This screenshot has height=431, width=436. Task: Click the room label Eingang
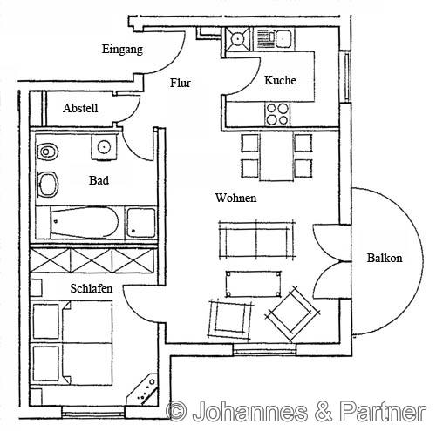[x=122, y=50]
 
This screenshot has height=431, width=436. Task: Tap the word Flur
[x=181, y=84]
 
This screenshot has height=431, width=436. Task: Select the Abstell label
[x=80, y=109]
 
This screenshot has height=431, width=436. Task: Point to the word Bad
[x=99, y=182]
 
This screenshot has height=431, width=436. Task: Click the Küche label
[x=280, y=81]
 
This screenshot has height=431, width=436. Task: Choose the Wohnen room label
[x=235, y=199]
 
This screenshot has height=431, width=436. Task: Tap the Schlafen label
[x=92, y=287]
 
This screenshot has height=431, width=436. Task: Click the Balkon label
[x=385, y=259]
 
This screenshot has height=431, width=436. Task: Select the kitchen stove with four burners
[x=277, y=114]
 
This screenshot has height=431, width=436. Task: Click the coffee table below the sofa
[x=254, y=281]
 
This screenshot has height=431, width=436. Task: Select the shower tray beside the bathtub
[x=140, y=222]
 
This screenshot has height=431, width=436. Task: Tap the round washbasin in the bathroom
[x=107, y=147]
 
